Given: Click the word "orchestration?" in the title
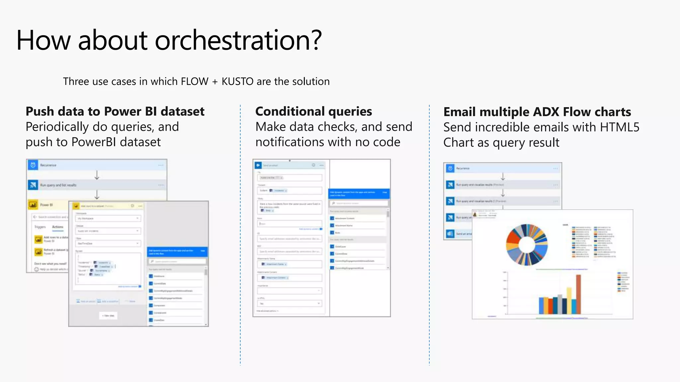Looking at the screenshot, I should coord(238,40).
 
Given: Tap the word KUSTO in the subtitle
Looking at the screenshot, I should coord(237,82).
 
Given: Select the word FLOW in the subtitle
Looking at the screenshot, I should coord(194,82).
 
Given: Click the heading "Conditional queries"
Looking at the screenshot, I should coord(313,111).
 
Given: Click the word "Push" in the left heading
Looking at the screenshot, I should coord(39,112).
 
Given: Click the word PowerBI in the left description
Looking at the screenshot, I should coord(94,142).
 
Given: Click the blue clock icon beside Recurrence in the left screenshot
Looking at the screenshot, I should coord(33,165).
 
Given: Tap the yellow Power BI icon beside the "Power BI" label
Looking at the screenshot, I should coord(33,205).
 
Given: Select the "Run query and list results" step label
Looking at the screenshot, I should coord(58,185).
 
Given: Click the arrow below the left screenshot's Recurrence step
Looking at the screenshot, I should coord(97,175).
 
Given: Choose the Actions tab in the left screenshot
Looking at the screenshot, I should coord(57,227).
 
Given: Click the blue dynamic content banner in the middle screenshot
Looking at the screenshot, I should coord(359,194).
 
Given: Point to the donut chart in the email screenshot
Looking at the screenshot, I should coord(527,245).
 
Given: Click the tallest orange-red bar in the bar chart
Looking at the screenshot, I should coord(578,294).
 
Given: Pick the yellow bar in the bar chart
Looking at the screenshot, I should coord(569,300).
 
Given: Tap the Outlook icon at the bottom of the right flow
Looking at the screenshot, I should coord(450,234).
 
